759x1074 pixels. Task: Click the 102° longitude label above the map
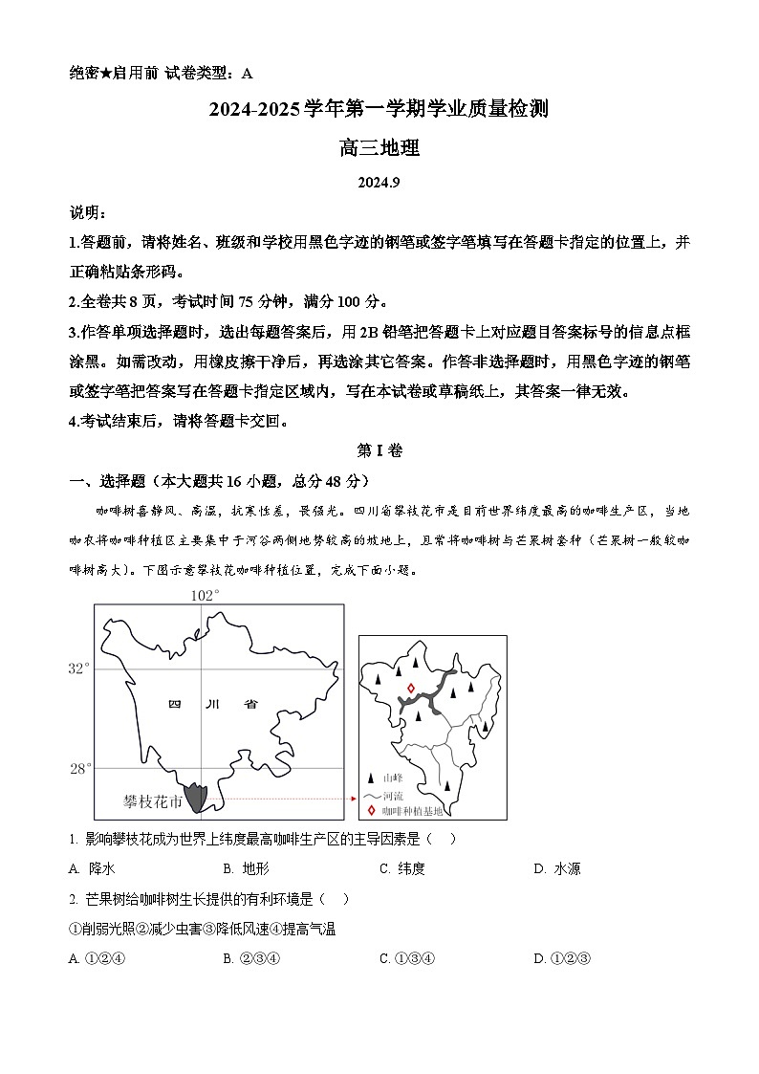pos(205,596)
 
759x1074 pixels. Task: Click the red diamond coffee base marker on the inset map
pos(411,688)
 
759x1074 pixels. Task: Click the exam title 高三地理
pos(379,148)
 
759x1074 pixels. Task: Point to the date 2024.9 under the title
pos(379,184)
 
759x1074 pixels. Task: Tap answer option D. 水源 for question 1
pos(556,868)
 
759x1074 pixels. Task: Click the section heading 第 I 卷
pos(379,451)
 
